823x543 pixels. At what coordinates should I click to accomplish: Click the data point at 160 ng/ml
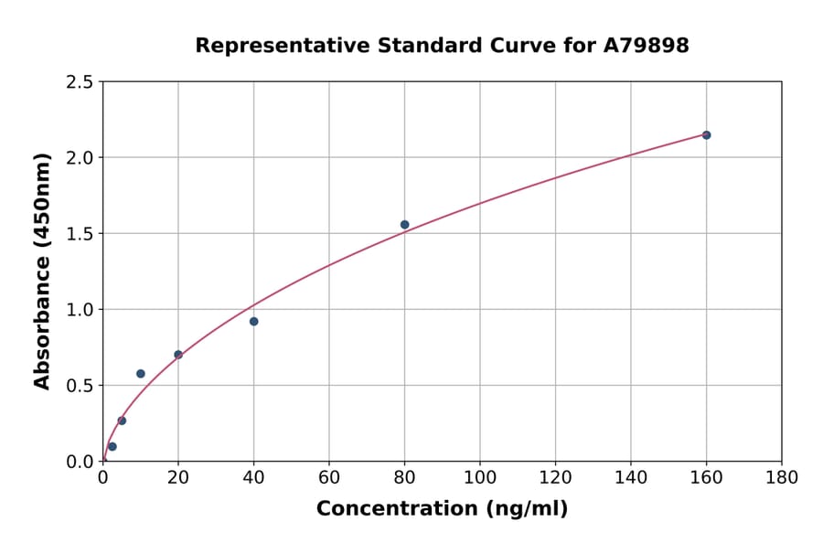tap(706, 135)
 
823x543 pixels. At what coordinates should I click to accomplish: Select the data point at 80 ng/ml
tap(404, 225)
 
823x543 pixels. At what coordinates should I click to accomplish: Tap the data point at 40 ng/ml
tap(253, 322)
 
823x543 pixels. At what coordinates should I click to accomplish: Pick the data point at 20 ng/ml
tap(178, 355)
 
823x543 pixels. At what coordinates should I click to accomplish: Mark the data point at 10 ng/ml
tap(141, 374)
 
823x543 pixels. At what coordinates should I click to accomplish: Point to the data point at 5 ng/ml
tap(122, 421)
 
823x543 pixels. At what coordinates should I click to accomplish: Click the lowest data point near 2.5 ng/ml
tap(112, 447)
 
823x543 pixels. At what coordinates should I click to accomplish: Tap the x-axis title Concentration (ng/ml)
tap(442, 509)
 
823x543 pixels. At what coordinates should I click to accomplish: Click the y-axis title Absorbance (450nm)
tap(42, 271)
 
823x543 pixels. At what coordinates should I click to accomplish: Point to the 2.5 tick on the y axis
tap(80, 82)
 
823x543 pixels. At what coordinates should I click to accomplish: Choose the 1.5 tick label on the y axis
tap(80, 234)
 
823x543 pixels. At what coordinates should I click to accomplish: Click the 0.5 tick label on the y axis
tap(80, 386)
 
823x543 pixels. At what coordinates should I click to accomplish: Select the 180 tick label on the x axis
tap(781, 478)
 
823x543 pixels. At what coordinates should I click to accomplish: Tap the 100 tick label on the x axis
tap(479, 478)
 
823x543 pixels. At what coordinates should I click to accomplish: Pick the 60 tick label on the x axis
tap(329, 478)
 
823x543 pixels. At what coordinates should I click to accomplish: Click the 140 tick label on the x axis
tap(630, 478)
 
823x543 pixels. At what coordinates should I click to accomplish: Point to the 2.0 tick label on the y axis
tap(80, 158)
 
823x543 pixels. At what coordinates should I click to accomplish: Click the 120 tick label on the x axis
tap(555, 478)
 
